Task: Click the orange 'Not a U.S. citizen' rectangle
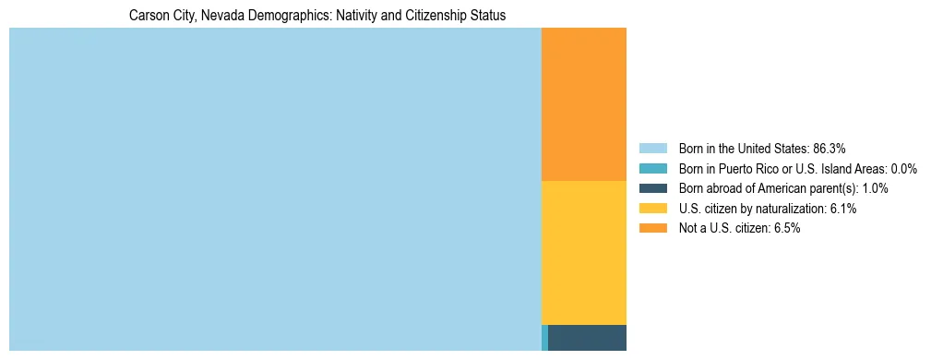[583, 104]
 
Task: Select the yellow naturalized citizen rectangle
[583, 252]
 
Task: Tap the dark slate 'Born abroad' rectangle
[587, 338]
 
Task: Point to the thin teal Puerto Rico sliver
[544, 338]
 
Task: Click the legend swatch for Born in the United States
[652, 149]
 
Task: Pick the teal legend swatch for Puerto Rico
[652, 169]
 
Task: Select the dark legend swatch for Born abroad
[652, 188]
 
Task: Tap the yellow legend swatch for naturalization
[652, 209]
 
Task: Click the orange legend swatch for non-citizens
[652, 229]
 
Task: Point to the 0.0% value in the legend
[903, 169]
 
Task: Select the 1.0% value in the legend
[872, 188]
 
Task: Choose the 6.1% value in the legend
[841, 209]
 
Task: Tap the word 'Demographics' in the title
[284, 16]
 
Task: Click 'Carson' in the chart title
[148, 16]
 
